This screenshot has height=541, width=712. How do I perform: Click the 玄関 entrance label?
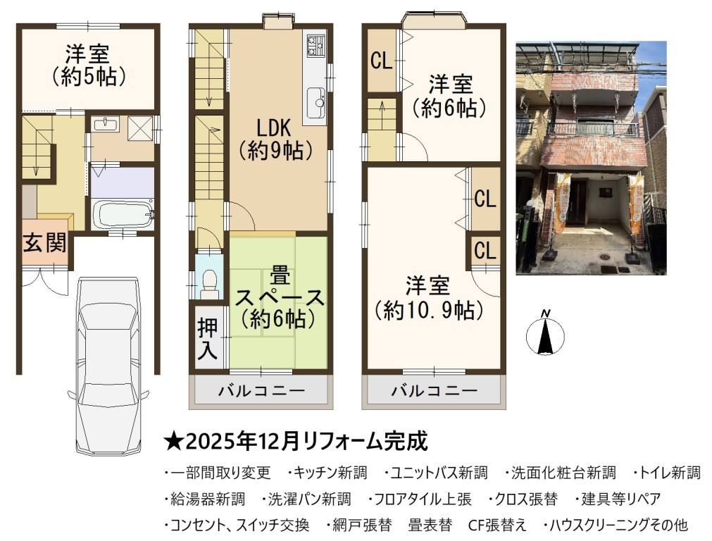(x=45, y=242)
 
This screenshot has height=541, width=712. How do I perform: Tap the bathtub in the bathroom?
(x=123, y=214)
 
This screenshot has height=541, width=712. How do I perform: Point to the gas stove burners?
(x=316, y=45)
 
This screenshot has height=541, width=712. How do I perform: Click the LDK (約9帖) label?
(x=275, y=139)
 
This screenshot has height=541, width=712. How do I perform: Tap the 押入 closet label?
(x=208, y=338)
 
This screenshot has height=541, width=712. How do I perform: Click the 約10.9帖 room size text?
(x=427, y=311)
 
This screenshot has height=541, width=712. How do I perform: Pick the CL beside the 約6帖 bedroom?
(x=382, y=60)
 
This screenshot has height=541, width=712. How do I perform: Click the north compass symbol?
(x=545, y=332)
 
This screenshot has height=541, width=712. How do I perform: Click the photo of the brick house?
(x=591, y=158)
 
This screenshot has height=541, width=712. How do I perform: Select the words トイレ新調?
(x=670, y=473)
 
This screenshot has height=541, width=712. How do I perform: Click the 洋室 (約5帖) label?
(x=87, y=66)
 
